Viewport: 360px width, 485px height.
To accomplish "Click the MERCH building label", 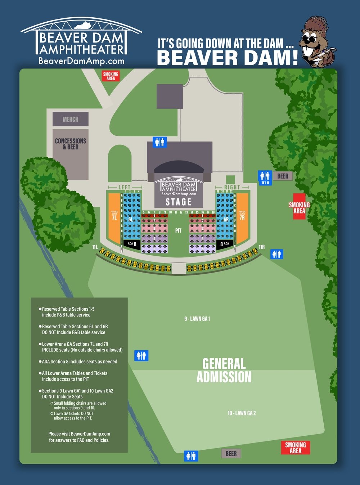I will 71,119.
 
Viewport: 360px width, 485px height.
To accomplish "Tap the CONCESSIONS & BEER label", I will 71,144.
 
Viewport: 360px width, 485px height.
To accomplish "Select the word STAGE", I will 179,202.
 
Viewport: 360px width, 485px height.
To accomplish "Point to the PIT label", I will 178,230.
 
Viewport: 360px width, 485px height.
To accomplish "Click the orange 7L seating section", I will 114,218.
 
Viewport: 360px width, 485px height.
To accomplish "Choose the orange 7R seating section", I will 242,218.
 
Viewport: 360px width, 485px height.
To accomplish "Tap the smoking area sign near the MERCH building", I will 111,76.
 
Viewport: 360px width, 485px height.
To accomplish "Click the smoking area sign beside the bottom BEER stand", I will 295,448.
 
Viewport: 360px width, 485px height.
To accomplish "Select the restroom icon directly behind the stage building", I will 160,142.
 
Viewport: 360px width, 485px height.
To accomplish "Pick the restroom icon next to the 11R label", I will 276,254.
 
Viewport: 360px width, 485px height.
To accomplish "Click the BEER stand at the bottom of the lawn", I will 231,454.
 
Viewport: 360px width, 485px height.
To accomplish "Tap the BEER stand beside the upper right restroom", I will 283,176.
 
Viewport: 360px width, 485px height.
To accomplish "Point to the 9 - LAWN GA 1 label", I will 197,319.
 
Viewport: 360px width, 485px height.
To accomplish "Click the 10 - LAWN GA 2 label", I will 242,413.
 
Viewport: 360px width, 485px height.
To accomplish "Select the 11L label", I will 95,247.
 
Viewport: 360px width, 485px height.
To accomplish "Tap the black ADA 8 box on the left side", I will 132,244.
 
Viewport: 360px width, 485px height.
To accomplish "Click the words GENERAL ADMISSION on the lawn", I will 224,370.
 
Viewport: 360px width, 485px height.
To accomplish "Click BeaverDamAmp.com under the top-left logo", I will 81,61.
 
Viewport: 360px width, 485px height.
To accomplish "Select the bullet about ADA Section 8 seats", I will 79,361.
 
